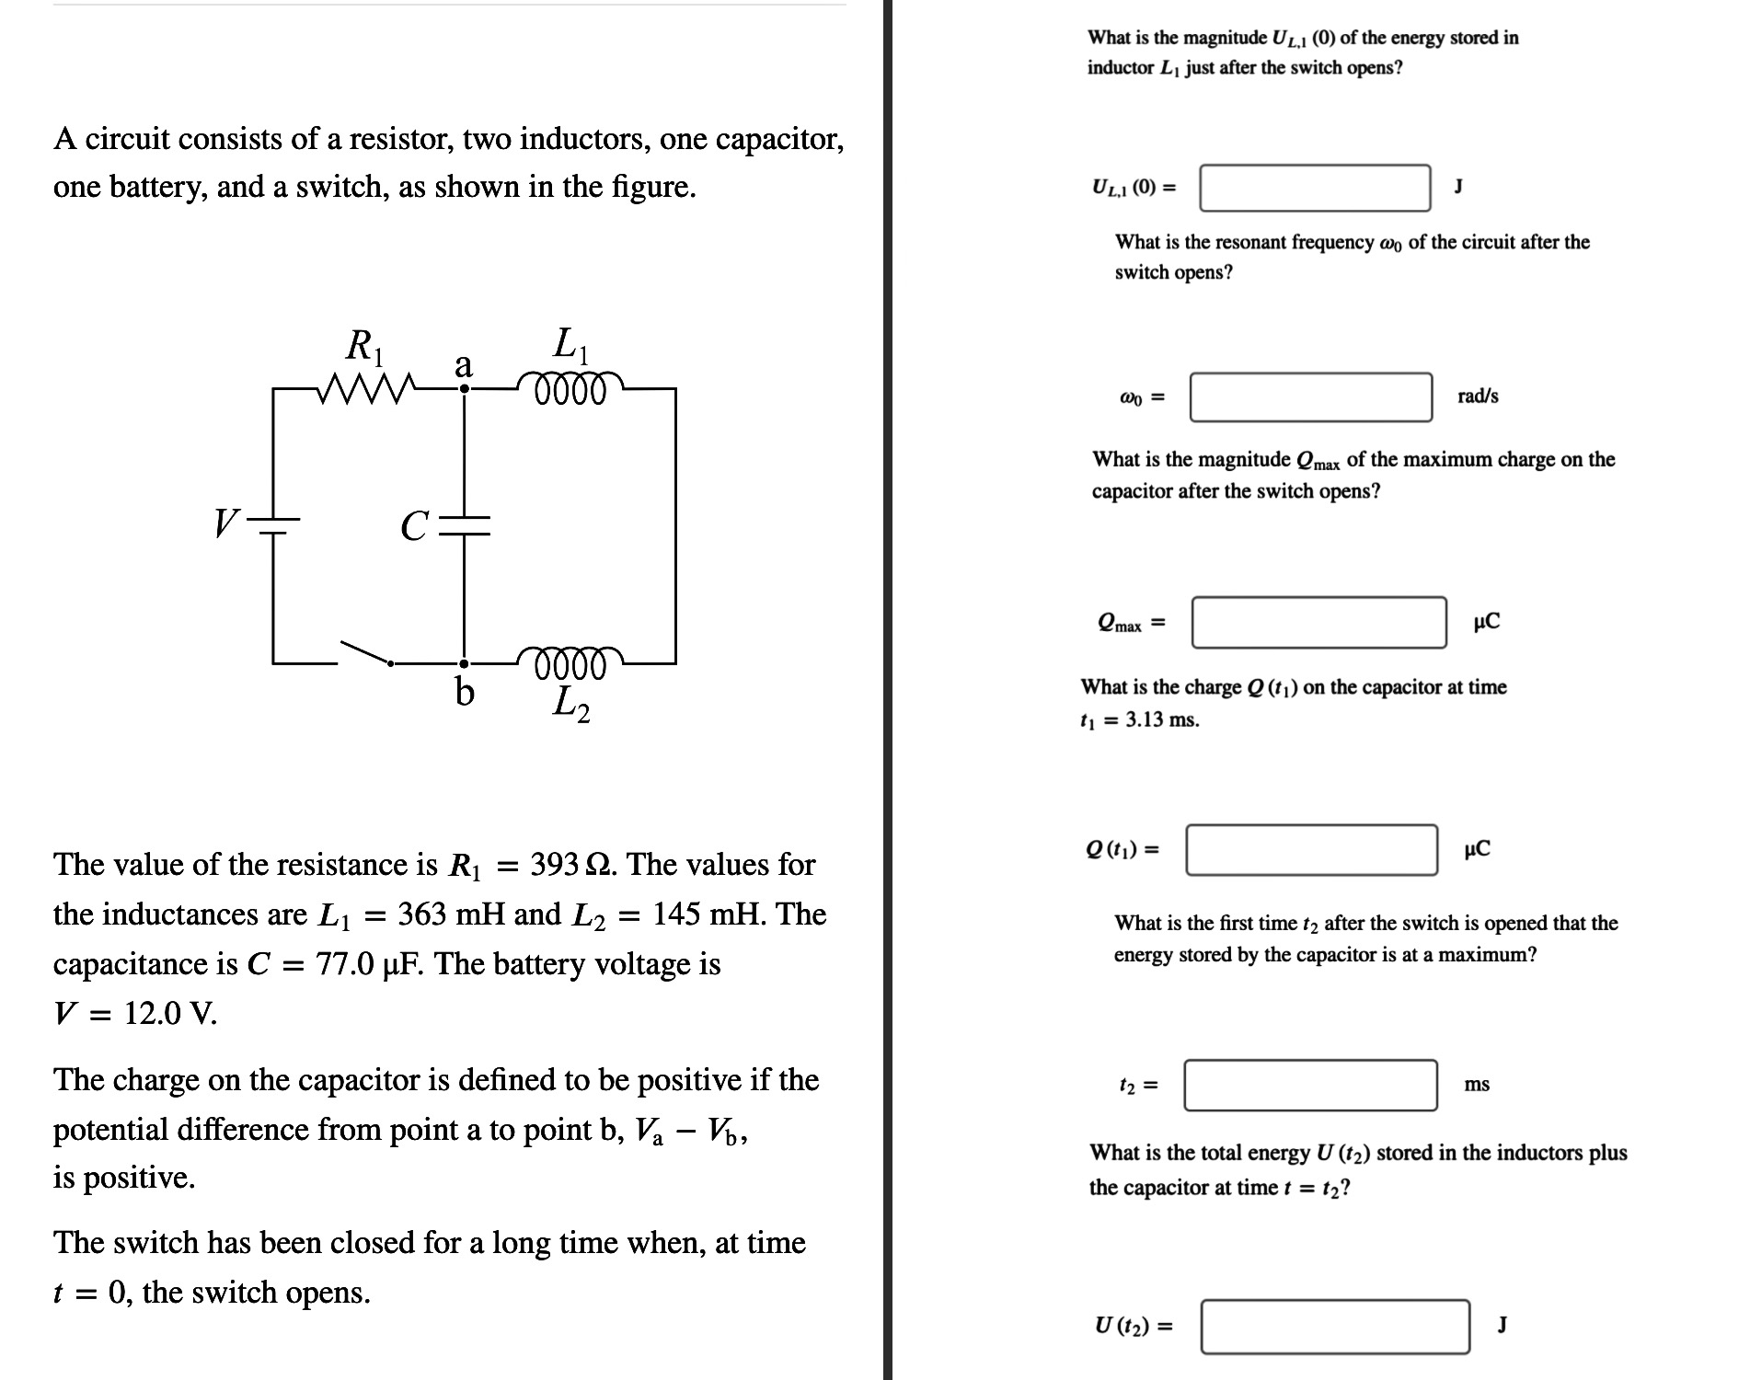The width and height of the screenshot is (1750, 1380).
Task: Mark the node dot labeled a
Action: pos(465,389)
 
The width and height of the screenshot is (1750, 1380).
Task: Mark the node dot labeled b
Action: pos(465,662)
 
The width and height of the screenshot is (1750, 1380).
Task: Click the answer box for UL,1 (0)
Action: pos(1315,188)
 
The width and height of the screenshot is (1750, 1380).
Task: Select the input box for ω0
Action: pos(1310,397)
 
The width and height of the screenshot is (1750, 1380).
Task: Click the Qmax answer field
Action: pos(1318,622)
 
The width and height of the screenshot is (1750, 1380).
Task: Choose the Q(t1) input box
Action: pos(1311,849)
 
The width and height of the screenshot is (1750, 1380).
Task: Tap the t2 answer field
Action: pos(1310,1085)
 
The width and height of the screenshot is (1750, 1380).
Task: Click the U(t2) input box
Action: pos(1334,1326)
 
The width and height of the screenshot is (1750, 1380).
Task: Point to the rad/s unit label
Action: pos(1478,397)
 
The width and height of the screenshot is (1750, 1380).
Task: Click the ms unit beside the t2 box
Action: pos(1477,1085)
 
